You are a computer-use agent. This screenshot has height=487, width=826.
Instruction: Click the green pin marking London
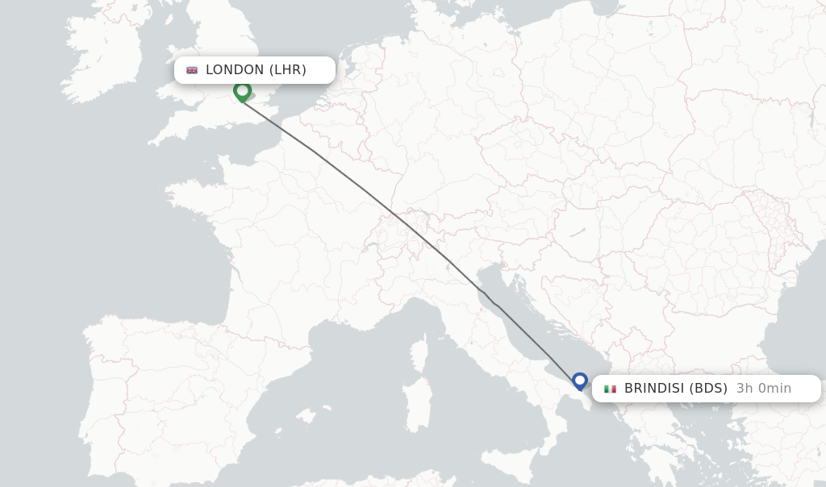tap(242, 91)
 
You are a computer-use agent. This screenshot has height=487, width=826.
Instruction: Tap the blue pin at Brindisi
tap(579, 381)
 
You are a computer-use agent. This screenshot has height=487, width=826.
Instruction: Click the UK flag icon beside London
tap(192, 70)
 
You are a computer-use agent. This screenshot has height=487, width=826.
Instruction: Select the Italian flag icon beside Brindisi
tap(610, 389)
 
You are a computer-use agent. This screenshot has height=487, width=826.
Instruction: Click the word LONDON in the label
tap(235, 70)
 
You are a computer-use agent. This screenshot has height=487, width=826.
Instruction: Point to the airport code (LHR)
tap(287, 70)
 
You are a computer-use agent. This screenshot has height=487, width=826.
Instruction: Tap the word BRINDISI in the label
tap(654, 389)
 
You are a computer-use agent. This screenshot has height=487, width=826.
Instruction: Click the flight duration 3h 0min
tap(763, 389)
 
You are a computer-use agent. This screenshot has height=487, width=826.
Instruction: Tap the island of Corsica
tap(419, 352)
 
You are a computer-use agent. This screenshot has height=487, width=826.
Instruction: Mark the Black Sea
tap(799, 339)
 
